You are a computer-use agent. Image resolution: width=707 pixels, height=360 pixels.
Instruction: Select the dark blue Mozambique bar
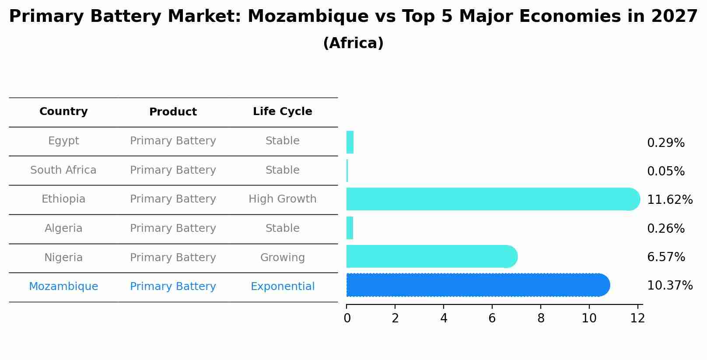tap(477, 285)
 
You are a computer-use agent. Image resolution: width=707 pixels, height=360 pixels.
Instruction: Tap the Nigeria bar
tap(431, 256)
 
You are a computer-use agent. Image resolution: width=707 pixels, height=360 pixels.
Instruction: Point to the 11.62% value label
tap(669, 200)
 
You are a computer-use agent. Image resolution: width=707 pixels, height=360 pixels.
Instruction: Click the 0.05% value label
tap(665, 171)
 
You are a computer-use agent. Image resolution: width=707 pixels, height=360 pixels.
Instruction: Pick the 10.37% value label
tap(669, 286)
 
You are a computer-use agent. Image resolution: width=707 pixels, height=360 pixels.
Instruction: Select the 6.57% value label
tap(665, 257)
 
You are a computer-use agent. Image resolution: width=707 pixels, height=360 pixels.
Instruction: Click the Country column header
tap(63, 112)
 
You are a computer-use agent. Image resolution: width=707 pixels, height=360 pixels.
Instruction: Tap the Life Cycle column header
tap(282, 112)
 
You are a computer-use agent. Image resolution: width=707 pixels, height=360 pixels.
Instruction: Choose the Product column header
tap(173, 112)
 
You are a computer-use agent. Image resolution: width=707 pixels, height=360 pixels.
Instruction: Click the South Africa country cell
tap(63, 170)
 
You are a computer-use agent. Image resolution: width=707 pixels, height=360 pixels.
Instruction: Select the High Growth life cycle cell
tap(282, 199)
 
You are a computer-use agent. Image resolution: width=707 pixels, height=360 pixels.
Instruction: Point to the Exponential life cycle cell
tap(282, 287)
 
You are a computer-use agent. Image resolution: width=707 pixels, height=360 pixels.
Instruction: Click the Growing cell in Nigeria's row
tap(282, 258)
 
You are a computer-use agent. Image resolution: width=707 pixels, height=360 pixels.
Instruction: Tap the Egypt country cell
tap(63, 141)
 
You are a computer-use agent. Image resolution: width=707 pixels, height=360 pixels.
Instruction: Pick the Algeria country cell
tap(63, 228)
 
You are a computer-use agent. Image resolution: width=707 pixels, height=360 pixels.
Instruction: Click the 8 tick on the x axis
tap(541, 318)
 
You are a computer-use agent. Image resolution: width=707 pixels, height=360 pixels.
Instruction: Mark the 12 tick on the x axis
tap(637, 318)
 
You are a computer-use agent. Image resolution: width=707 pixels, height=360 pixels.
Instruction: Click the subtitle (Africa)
tap(353, 43)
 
